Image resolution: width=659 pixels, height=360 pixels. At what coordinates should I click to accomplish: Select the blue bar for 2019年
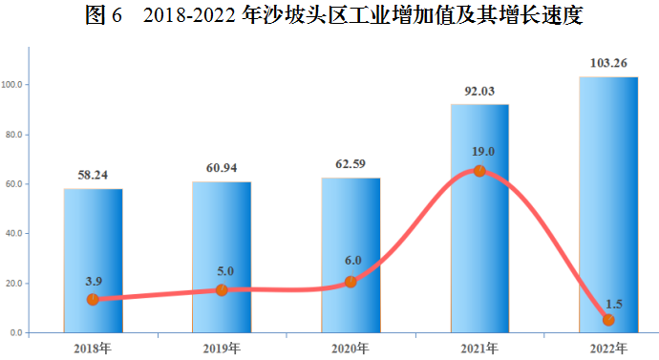(x=222, y=257)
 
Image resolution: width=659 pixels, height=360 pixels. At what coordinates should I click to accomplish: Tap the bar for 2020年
(x=351, y=255)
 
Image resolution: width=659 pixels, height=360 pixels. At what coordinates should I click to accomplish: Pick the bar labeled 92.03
(x=479, y=219)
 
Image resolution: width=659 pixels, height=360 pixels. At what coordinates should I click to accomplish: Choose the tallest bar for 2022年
(x=608, y=204)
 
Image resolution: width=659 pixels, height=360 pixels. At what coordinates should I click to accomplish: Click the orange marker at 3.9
(x=93, y=299)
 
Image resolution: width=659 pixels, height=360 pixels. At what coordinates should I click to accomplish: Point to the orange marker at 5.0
(x=222, y=289)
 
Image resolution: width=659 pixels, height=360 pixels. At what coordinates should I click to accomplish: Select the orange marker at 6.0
(x=351, y=282)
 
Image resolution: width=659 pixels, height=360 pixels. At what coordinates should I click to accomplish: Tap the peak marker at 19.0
(x=479, y=171)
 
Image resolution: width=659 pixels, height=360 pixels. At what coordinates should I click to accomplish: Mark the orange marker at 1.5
(x=608, y=320)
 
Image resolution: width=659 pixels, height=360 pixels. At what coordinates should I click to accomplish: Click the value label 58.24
(x=93, y=176)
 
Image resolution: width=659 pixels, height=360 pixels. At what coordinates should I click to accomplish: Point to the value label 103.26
(x=608, y=63)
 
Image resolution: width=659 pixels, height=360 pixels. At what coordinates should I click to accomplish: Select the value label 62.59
(x=351, y=164)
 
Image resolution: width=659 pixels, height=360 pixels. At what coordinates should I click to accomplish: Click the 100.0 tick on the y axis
(x=13, y=85)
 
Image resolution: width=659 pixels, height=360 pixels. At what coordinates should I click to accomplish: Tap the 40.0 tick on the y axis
(x=15, y=234)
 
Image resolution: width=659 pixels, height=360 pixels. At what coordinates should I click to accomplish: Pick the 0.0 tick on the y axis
(x=18, y=333)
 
